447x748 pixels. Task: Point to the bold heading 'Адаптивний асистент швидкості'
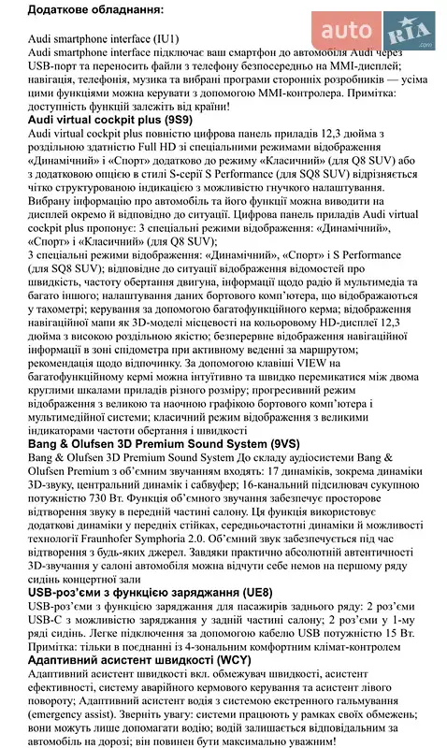coord(110,659)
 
